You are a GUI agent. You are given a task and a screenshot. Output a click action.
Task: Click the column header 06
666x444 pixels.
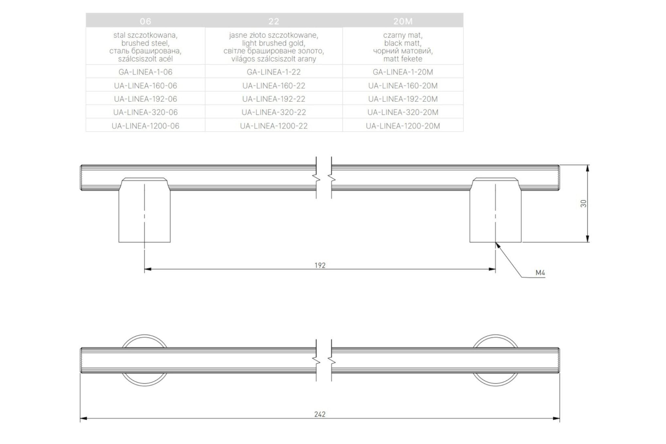pos(145,21)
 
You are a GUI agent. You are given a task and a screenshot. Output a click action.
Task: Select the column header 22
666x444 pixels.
pos(274,21)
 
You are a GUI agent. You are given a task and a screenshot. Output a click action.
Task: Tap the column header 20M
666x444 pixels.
pos(403,21)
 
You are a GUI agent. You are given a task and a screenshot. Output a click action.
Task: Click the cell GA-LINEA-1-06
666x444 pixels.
pos(145,72)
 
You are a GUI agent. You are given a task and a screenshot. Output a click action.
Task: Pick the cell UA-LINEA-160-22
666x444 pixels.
pos(274,86)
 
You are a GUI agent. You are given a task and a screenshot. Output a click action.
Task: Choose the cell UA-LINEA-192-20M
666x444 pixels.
pos(403,99)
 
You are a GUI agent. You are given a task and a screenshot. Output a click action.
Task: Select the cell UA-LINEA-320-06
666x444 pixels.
pos(145,112)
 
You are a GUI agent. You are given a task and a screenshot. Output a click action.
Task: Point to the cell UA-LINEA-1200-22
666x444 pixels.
pos(274,126)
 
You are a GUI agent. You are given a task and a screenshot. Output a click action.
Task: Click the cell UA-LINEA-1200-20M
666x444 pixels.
pos(403,126)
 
